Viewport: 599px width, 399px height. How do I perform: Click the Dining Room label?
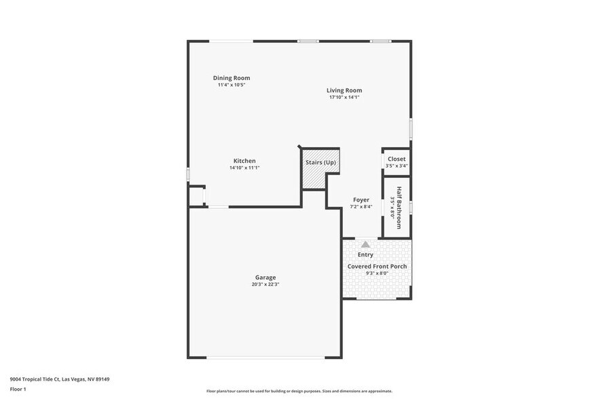[x=232, y=78]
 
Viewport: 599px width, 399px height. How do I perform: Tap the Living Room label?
[x=344, y=90]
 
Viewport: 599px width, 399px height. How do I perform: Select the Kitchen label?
[x=244, y=161]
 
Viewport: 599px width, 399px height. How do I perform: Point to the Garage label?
[x=265, y=278]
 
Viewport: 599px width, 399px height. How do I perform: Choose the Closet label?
[x=397, y=159]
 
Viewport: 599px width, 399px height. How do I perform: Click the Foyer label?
[x=361, y=200]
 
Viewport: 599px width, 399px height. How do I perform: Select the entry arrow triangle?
[x=365, y=244]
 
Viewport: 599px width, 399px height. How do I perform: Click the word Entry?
[x=365, y=255]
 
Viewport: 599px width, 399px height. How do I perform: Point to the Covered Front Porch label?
[x=377, y=267]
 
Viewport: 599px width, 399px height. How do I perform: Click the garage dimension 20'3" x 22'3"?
[x=266, y=284]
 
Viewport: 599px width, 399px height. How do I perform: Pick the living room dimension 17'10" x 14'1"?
[x=344, y=98]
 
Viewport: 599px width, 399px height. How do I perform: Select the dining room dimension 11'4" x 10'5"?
[x=232, y=85]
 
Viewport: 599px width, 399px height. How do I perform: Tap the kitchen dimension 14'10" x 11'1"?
[x=244, y=168]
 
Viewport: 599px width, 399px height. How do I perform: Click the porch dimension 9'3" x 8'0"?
[x=377, y=273]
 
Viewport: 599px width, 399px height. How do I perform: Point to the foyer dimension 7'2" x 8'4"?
[x=361, y=207]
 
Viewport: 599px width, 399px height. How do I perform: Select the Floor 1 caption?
[x=18, y=389]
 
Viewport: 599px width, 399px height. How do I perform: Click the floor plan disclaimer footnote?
[x=299, y=391]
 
